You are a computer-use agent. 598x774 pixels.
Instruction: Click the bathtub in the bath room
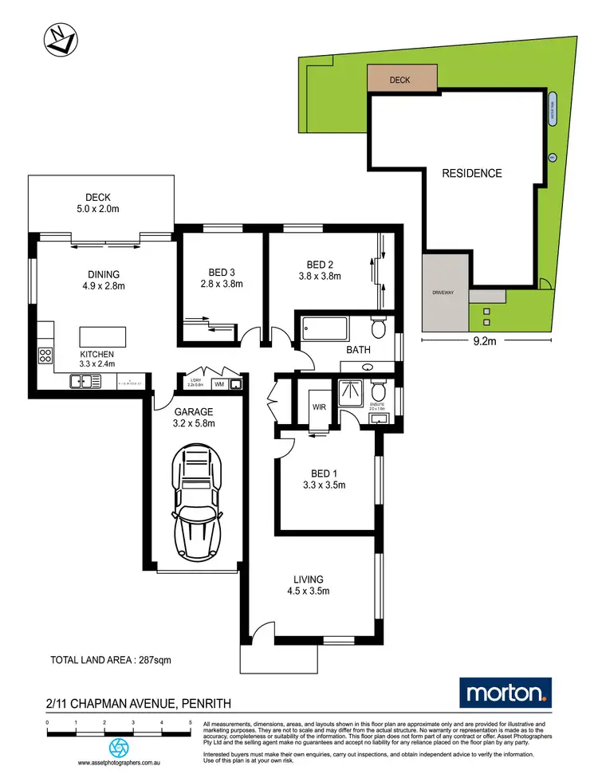click(325, 328)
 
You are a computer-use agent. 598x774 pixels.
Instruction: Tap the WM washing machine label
click(218, 384)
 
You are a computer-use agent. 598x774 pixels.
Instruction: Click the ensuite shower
click(350, 391)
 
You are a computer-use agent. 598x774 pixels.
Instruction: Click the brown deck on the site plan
click(402, 80)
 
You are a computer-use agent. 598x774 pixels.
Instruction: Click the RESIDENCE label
click(472, 173)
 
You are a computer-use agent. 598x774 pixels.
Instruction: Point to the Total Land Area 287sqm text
click(111, 659)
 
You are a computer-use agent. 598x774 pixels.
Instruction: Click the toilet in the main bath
click(380, 328)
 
